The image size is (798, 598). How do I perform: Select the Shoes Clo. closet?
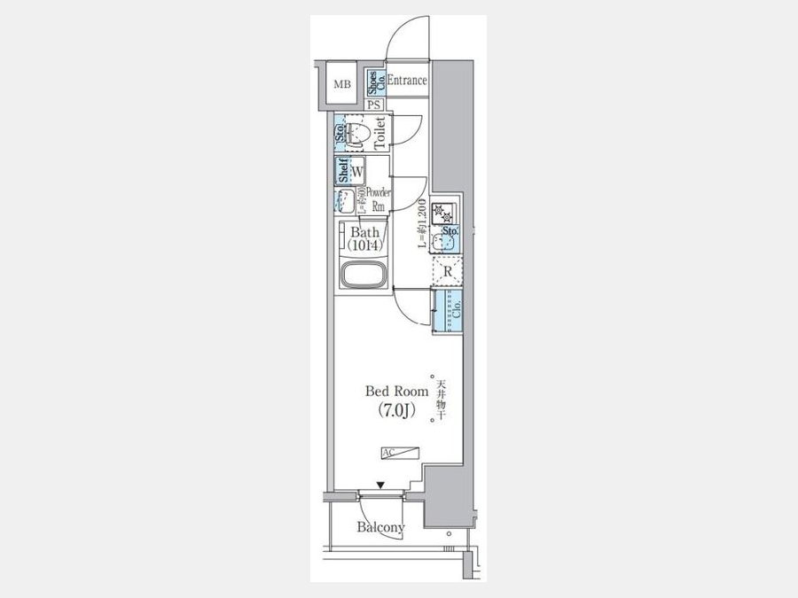pos(375,82)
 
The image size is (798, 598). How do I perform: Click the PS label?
pos(375,104)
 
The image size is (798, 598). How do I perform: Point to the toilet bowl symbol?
pos(358,134)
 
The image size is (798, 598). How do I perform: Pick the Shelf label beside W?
pos(341,169)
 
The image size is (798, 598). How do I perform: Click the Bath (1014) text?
pos(361,238)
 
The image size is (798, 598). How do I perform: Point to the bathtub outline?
pos(361,275)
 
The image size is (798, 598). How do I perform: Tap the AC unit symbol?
pos(403,453)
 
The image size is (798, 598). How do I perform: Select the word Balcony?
pos(381,528)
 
